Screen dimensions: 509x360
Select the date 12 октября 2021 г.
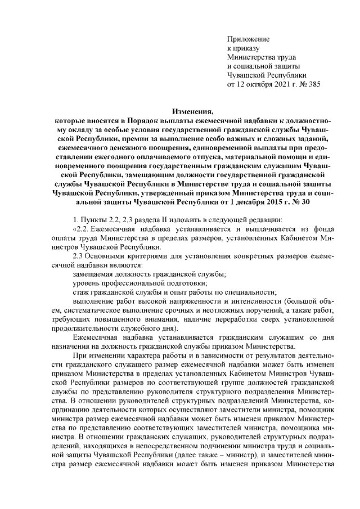pos(263,84)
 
